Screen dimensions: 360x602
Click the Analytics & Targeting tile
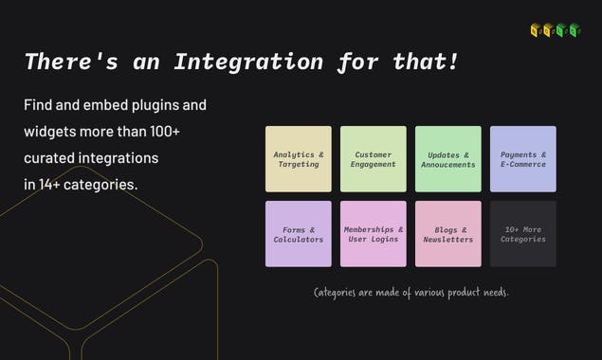(x=299, y=159)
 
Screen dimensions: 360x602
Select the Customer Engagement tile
(x=374, y=159)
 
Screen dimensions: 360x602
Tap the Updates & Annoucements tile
(x=448, y=159)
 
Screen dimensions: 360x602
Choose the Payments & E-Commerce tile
(x=523, y=159)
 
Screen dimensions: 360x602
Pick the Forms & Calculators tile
(x=299, y=234)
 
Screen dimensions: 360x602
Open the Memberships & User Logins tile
(x=374, y=234)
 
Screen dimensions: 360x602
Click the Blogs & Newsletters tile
(x=448, y=234)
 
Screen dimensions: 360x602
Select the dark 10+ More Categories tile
(x=523, y=234)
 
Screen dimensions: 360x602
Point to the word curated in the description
(x=52, y=157)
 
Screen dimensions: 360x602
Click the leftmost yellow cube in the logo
(x=536, y=30)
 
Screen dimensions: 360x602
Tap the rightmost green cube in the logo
(x=575, y=30)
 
